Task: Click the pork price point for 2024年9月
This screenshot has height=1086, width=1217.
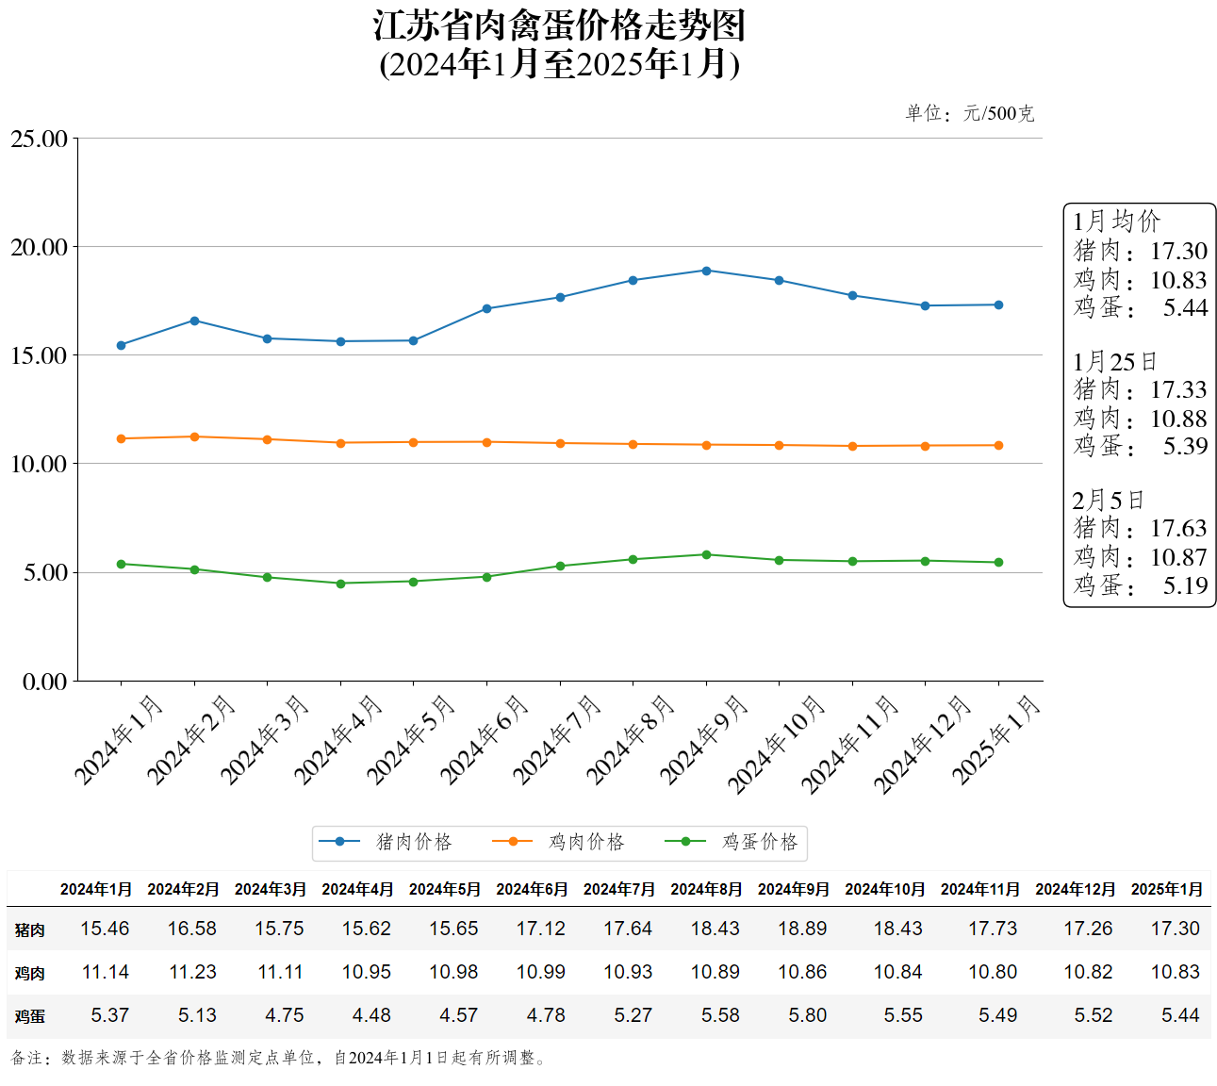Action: coord(706,271)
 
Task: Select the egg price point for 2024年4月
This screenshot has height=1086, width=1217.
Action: coord(340,584)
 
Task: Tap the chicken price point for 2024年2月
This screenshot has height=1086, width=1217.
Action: coord(194,436)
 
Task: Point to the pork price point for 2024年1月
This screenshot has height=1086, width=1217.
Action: coord(121,345)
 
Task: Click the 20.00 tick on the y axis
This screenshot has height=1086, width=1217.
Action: coord(40,247)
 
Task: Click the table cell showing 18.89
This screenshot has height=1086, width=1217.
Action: coord(802,929)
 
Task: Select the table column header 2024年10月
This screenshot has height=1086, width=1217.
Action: coord(884,889)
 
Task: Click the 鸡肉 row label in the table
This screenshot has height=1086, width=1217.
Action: coord(29,973)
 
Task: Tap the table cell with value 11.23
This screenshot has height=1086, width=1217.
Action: coord(192,972)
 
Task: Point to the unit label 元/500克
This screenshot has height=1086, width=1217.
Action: coord(998,114)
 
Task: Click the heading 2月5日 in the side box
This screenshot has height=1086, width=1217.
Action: coord(1108,500)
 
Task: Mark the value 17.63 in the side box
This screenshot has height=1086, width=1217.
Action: coord(1178,528)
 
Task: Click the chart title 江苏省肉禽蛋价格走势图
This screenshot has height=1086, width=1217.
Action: coord(559,26)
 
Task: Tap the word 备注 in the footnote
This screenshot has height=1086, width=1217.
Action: coord(26,1058)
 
